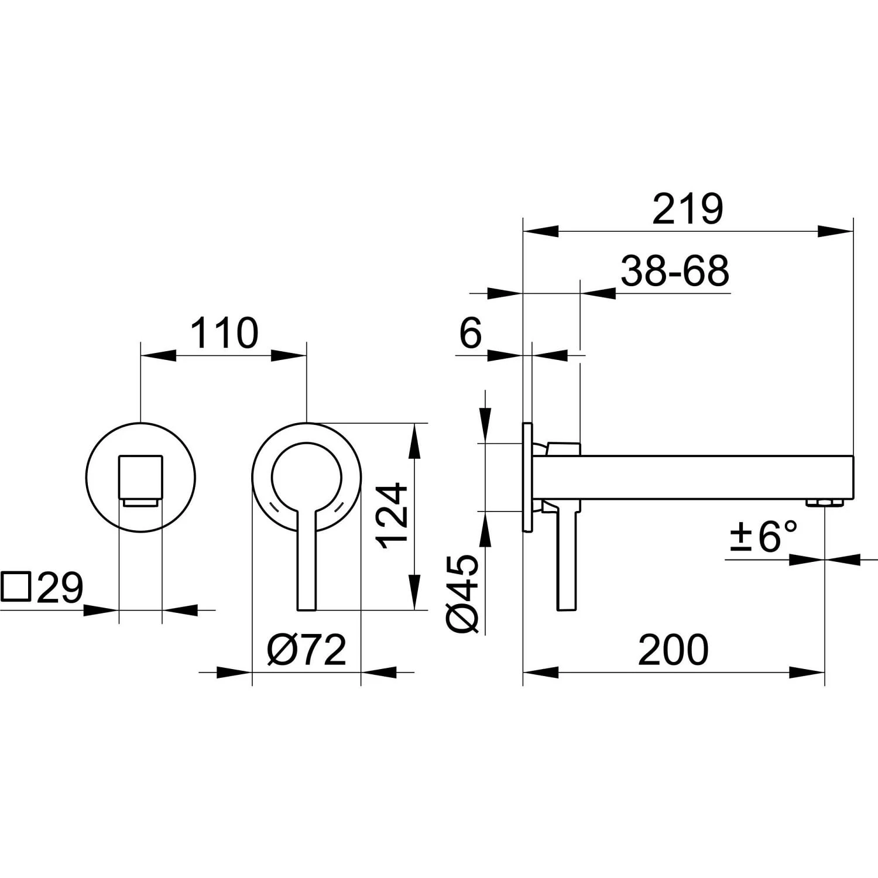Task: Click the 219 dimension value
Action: (688, 209)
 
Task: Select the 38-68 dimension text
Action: (674, 270)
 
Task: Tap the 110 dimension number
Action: (224, 332)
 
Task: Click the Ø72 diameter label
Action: (307, 649)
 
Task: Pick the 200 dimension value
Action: (673, 649)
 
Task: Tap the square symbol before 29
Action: (16, 587)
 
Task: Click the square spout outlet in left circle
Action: (140, 479)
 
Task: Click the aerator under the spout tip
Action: (824, 503)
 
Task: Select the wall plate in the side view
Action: (527, 477)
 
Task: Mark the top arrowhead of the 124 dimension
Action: (414, 440)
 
